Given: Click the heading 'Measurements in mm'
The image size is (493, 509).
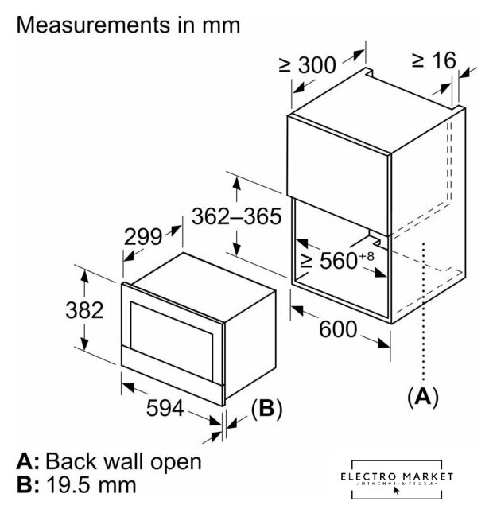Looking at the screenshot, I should [128, 25].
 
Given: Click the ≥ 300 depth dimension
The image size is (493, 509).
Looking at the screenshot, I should [309, 66].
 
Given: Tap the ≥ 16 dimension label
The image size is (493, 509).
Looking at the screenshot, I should [434, 60].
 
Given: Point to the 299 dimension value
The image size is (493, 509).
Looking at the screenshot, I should [143, 235].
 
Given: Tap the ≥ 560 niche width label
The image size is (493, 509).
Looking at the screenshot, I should [327, 260].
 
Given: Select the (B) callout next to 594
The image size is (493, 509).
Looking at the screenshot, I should [266, 409].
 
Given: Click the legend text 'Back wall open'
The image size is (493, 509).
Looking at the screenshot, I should [122, 461].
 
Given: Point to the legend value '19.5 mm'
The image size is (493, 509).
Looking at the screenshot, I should [91, 484].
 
